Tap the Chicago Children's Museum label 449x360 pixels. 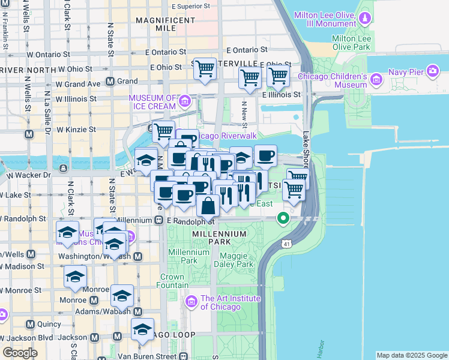pos(332,81)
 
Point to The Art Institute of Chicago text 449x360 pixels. pos(231,302)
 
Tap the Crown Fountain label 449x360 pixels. pos(172,281)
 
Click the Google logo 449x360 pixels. pos(20,352)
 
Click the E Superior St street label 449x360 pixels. pos(190,6)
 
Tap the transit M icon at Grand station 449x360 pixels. pos(110,81)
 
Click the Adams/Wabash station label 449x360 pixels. pos(103,311)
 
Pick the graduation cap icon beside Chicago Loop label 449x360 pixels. pos(142,329)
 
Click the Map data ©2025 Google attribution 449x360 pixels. pos(412,355)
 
